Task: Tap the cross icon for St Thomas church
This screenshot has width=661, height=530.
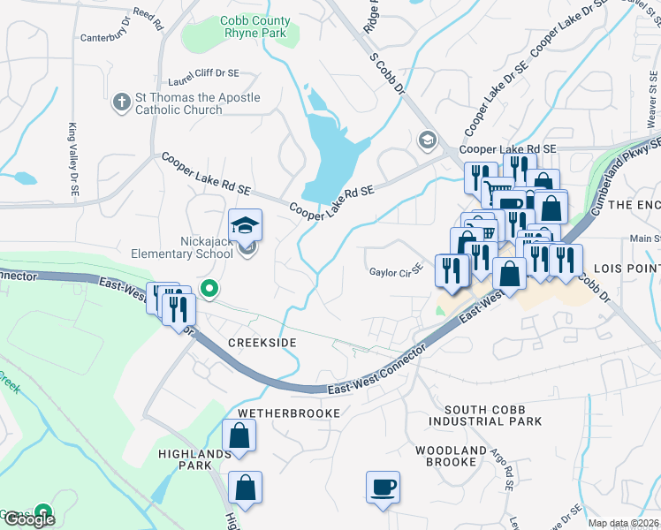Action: [122, 102]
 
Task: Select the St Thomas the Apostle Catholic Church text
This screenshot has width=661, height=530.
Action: [197, 103]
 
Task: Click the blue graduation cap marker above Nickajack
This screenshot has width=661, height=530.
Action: [246, 223]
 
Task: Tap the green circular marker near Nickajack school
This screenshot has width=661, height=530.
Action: [209, 288]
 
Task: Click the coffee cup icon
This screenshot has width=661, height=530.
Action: [383, 487]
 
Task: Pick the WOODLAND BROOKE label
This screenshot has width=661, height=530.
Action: [451, 456]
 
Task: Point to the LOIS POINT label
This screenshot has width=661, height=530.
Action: [625, 268]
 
